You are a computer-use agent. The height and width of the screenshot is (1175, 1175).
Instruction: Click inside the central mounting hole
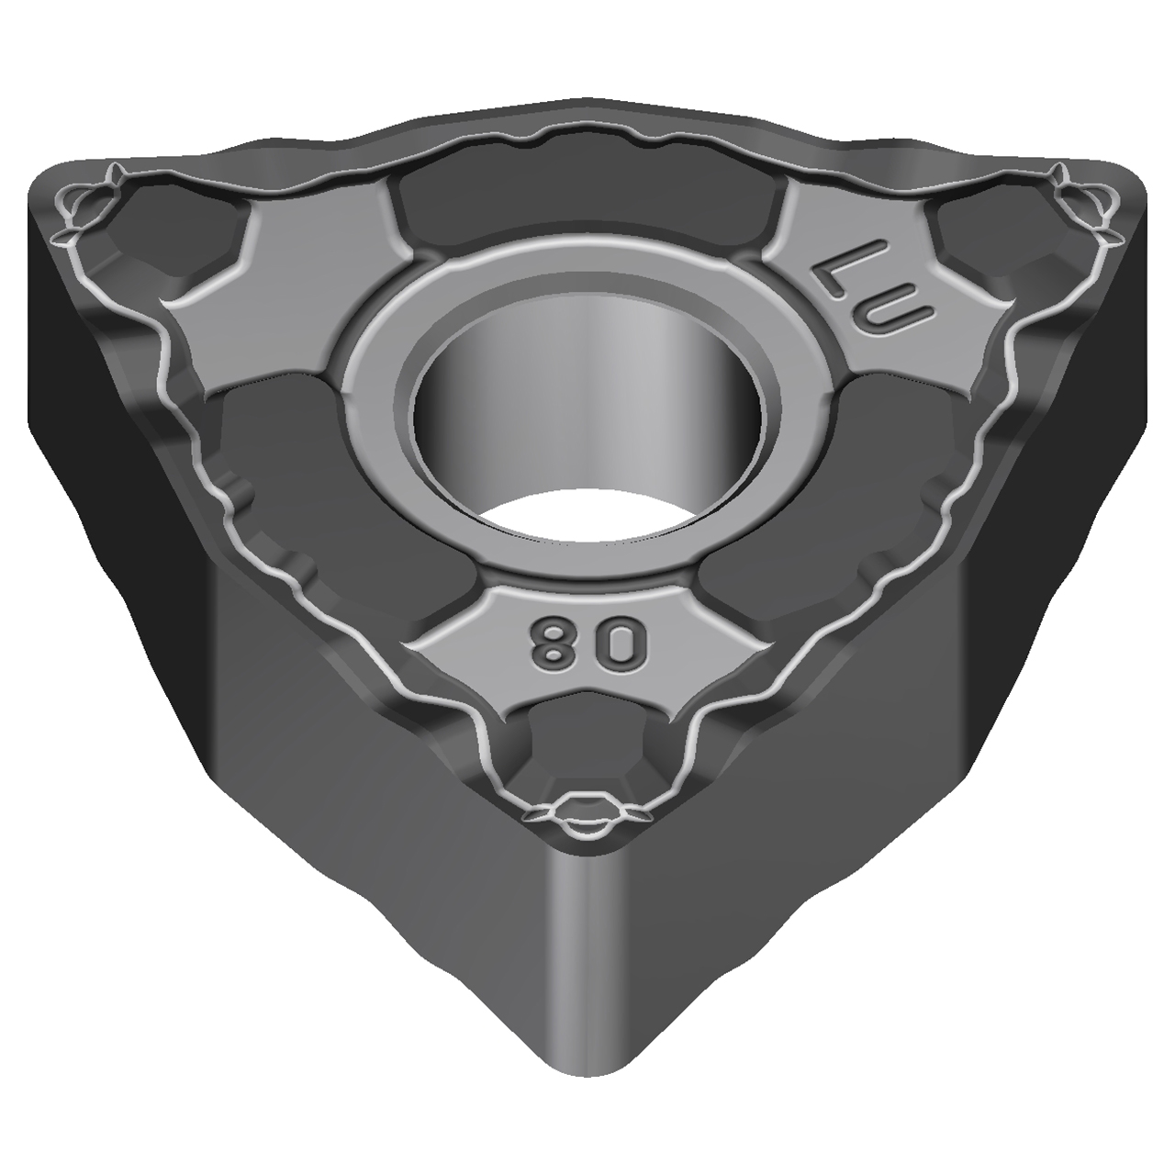[x=587, y=404]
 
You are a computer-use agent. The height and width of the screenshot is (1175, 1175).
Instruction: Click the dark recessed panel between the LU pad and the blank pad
[x=587, y=197]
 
